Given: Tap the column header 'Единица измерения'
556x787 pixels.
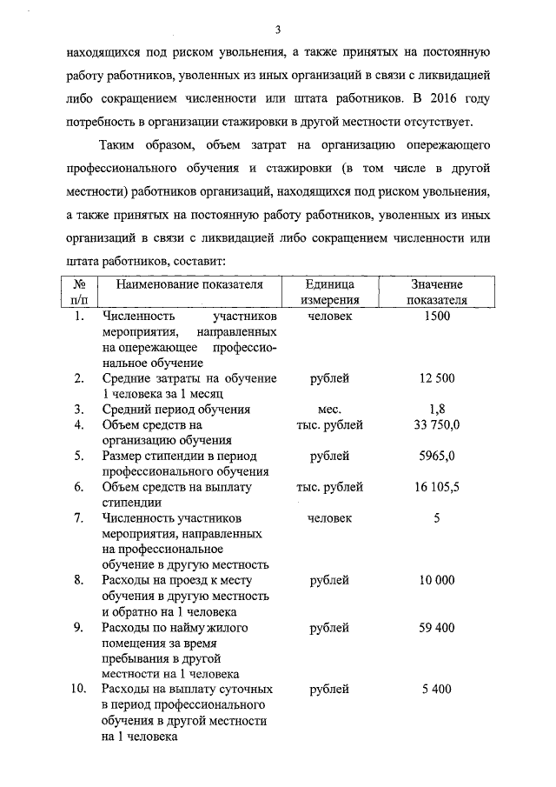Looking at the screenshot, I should tap(329, 292).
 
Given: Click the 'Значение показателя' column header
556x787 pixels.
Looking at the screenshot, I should tap(437, 292).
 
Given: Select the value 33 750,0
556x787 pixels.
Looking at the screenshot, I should tap(437, 424).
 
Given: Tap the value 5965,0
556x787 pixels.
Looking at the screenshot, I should tap(437, 456).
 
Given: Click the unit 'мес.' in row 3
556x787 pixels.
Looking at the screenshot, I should tap(329, 409).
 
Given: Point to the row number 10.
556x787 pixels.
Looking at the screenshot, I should tap(78, 690).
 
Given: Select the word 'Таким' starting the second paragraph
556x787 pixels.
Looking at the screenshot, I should tap(122, 144).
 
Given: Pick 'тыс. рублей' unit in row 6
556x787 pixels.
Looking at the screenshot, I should tap(329, 487).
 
